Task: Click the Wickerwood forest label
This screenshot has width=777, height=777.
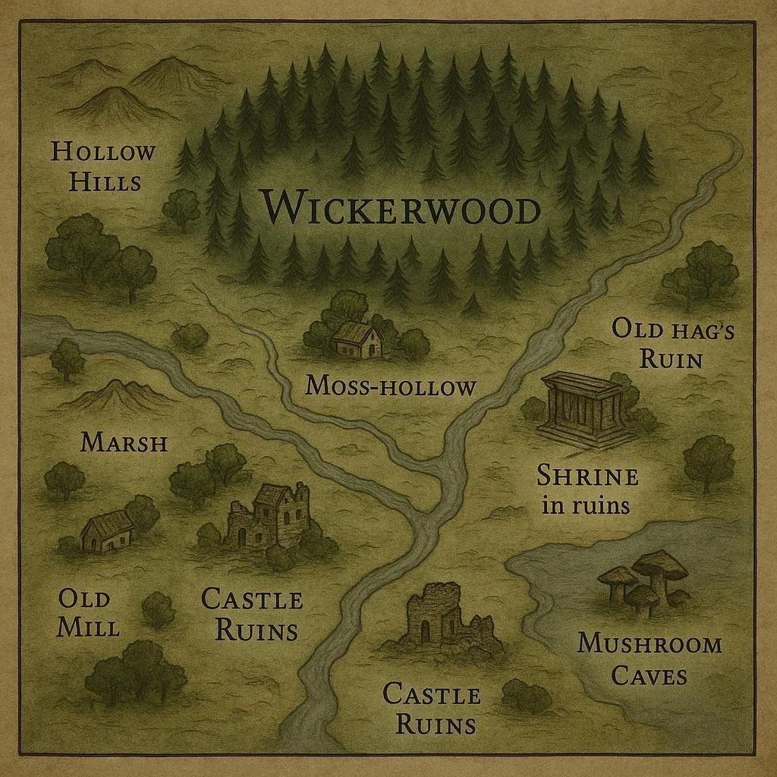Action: [400, 209]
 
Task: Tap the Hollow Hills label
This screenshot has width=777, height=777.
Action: [103, 166]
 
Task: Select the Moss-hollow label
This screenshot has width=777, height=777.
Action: [390, 386]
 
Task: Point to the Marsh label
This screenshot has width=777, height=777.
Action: [124, 442]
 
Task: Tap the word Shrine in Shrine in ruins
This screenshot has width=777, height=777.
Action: [587, 477]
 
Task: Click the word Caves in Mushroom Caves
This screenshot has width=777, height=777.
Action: [649, 675]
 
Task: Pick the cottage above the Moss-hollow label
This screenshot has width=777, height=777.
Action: [357, 339]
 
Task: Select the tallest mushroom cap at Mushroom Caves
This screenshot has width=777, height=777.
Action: [659, 563]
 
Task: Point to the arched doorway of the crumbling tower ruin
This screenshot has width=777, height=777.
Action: [425, 628]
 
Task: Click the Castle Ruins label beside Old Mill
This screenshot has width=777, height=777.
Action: [252, 614]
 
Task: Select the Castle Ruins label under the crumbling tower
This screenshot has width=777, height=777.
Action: [431, 708]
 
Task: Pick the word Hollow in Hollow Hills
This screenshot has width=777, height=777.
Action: [103, 152]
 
